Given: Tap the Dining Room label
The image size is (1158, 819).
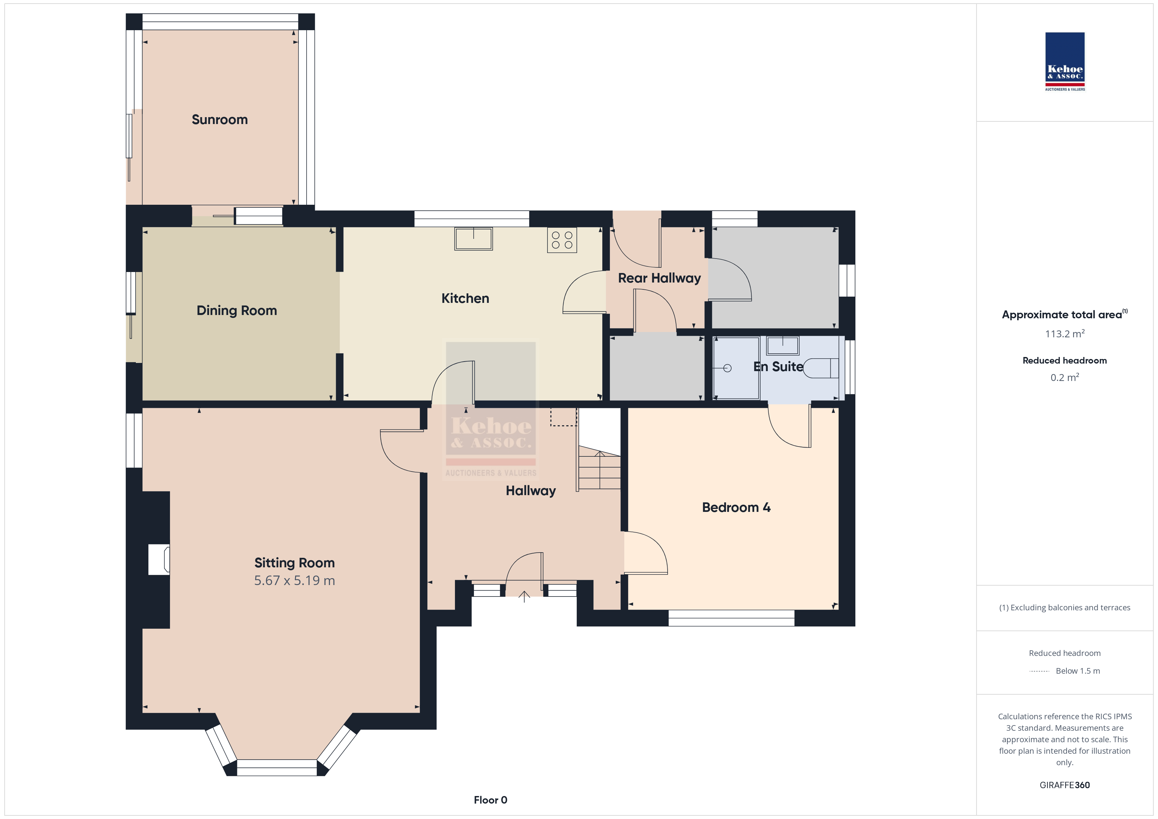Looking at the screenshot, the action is pos(237,310).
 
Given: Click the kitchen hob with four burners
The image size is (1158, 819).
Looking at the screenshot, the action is pos(562,240).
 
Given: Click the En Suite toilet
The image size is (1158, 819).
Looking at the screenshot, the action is pos(821,368).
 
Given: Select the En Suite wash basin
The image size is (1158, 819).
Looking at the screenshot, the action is pos(783,346).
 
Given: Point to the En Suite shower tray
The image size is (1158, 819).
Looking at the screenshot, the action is pos(736,367).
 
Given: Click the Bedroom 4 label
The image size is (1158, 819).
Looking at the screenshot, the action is pos(736,507).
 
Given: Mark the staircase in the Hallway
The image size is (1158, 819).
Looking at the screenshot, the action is pos(599,468).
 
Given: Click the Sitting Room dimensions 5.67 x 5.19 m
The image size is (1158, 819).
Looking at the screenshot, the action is pos(294,580).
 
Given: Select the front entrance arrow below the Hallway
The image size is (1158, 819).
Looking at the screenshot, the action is pos(525,597).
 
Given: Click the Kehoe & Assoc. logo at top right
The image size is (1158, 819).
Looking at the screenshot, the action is pos(1065,62).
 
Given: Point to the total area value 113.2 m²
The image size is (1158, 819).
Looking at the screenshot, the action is pos(1065,334).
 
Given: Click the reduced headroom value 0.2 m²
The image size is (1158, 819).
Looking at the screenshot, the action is pos(1065,377).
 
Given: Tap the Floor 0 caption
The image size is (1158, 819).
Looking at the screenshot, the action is pos(490,800).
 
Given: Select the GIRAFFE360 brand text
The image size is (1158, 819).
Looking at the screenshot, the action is pos(1065,785).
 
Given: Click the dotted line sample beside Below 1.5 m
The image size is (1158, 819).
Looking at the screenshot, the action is pos(1039,671).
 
